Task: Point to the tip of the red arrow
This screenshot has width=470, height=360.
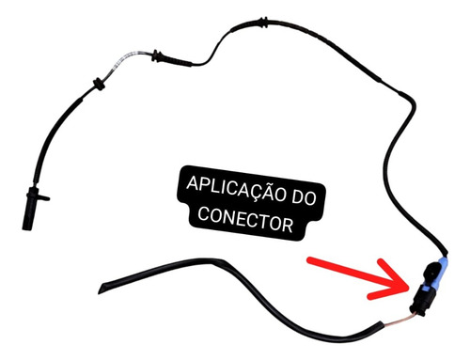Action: point(412,280)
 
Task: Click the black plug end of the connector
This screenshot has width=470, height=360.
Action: point(418,300)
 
